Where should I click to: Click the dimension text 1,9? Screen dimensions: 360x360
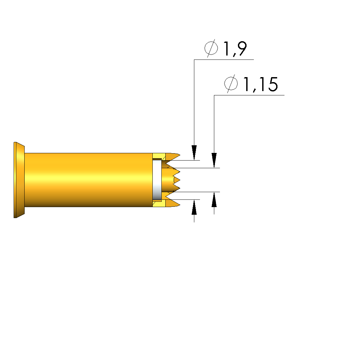[x=235, y=49]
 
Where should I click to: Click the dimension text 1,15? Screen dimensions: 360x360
[x=260, y=84]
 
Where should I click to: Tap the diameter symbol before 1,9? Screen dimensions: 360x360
[x=211, y=48]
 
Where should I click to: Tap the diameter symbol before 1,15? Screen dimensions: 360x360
[x=231, y=83]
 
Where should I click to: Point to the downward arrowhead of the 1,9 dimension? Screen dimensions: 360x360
[x=194, y=153]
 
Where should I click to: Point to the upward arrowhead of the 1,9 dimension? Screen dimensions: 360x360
[x=194, y=207]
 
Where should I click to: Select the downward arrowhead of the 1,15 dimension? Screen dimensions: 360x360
[x=214, y=160]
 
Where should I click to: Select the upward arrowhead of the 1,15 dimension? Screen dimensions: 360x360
[x=214, y=199]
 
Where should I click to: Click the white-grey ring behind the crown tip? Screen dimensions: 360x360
[x=157, y=180]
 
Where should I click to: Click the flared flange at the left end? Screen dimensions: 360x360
[x=19, y=180]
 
